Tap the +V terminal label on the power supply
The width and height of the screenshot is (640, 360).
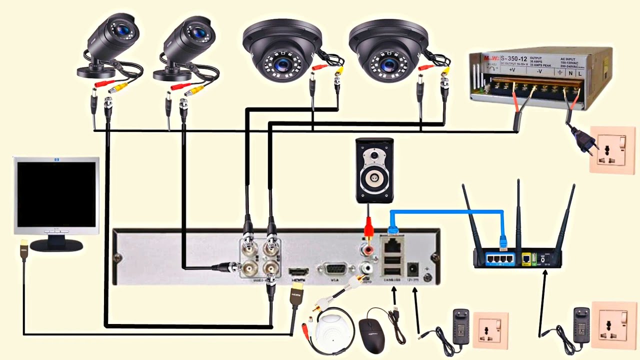click(x=512, y=70)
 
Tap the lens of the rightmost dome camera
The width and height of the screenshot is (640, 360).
click(x=388, y=64)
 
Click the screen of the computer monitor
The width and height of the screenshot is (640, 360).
click(x=56, y=193)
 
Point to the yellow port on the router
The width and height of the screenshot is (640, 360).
click(x=526, y=258)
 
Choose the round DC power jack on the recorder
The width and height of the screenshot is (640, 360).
click(x=413, y=269)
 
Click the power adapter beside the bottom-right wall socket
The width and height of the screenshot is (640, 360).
click(x=581, y=330)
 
